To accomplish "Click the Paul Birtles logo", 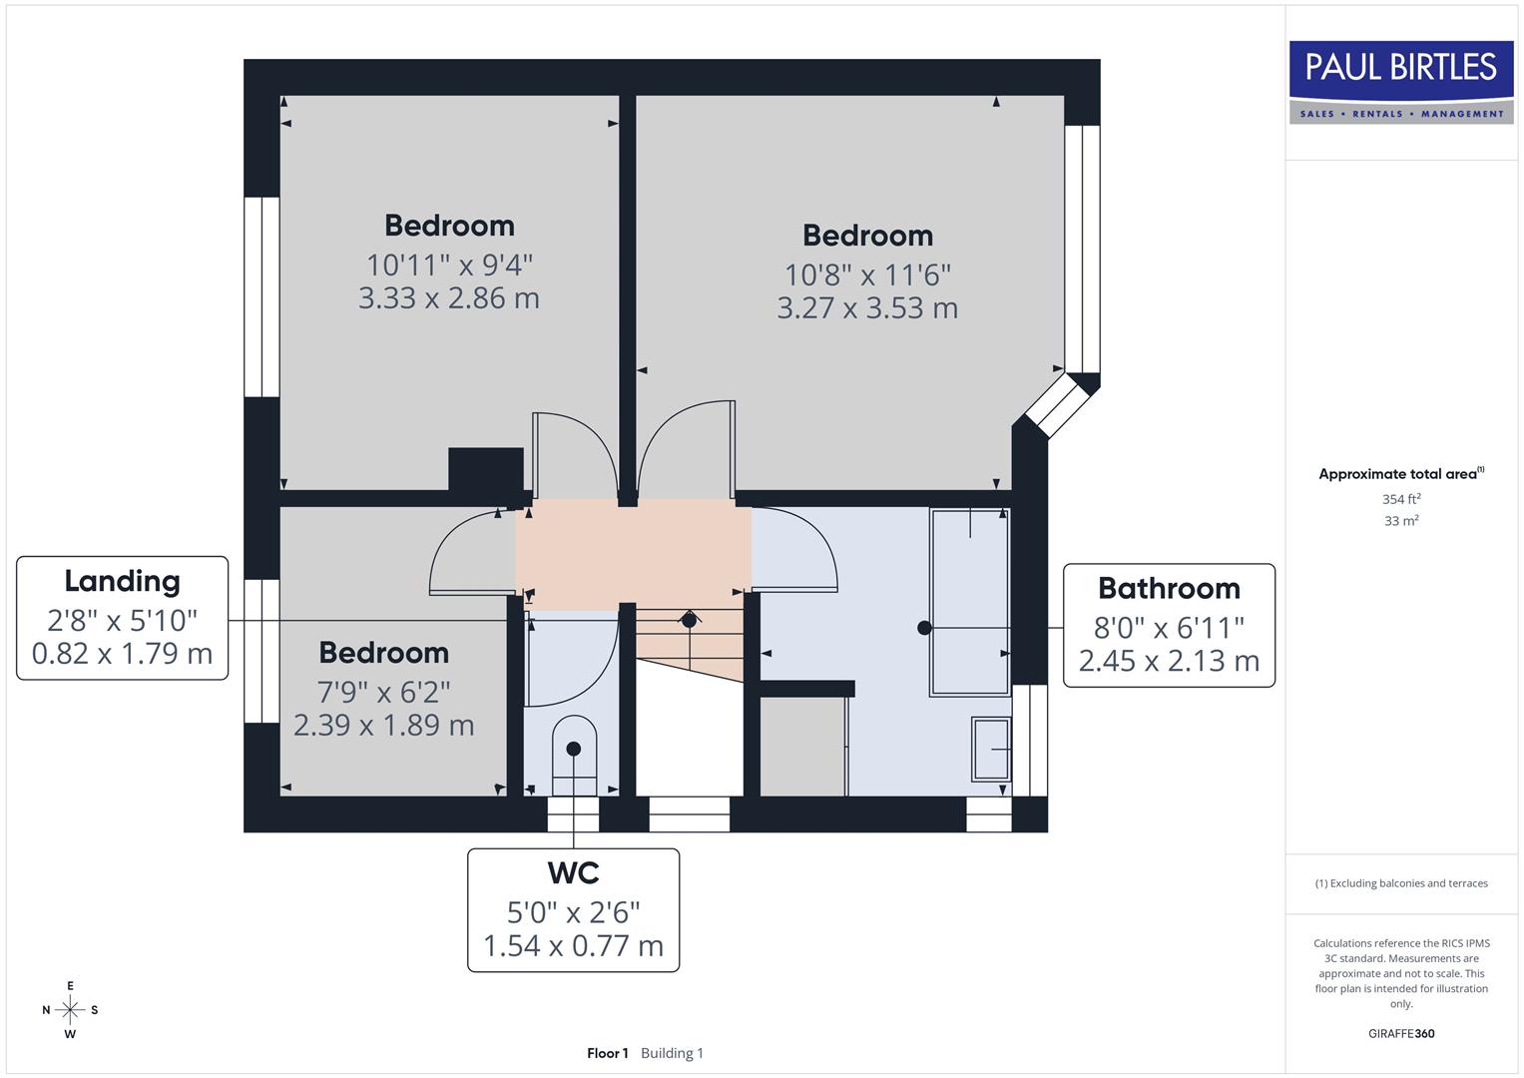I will pyautogui.click(x=1400, y=82).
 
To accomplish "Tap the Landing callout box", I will pyautogui.click(x=122, y=619).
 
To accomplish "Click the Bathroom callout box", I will pyautogui.click(x=1169, y=626).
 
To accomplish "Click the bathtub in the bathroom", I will pyautogui.click(x=969, y=601).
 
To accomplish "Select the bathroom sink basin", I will pyautogui.click(x=991, y=749).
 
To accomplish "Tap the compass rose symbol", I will pyautogui.click(x=70, y=1010).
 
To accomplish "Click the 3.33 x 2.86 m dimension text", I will pyautogui.click(x=449, y=298).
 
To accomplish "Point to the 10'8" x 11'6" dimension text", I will pyautogui.click(x=867, y=274).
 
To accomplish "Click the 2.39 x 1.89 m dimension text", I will pyautogui.click(x=383, y=725).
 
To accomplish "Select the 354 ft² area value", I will pyautogui.click(x=1401, y=499).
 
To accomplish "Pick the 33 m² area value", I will pyautogui.click(x=1401, y=521).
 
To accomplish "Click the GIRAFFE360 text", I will pyautogui.click(x=1401, y=1034).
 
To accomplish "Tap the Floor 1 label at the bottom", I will pyautogui.click(x=607, y=1053).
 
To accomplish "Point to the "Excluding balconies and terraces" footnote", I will pyautogui.click(x=1401, y=883).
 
